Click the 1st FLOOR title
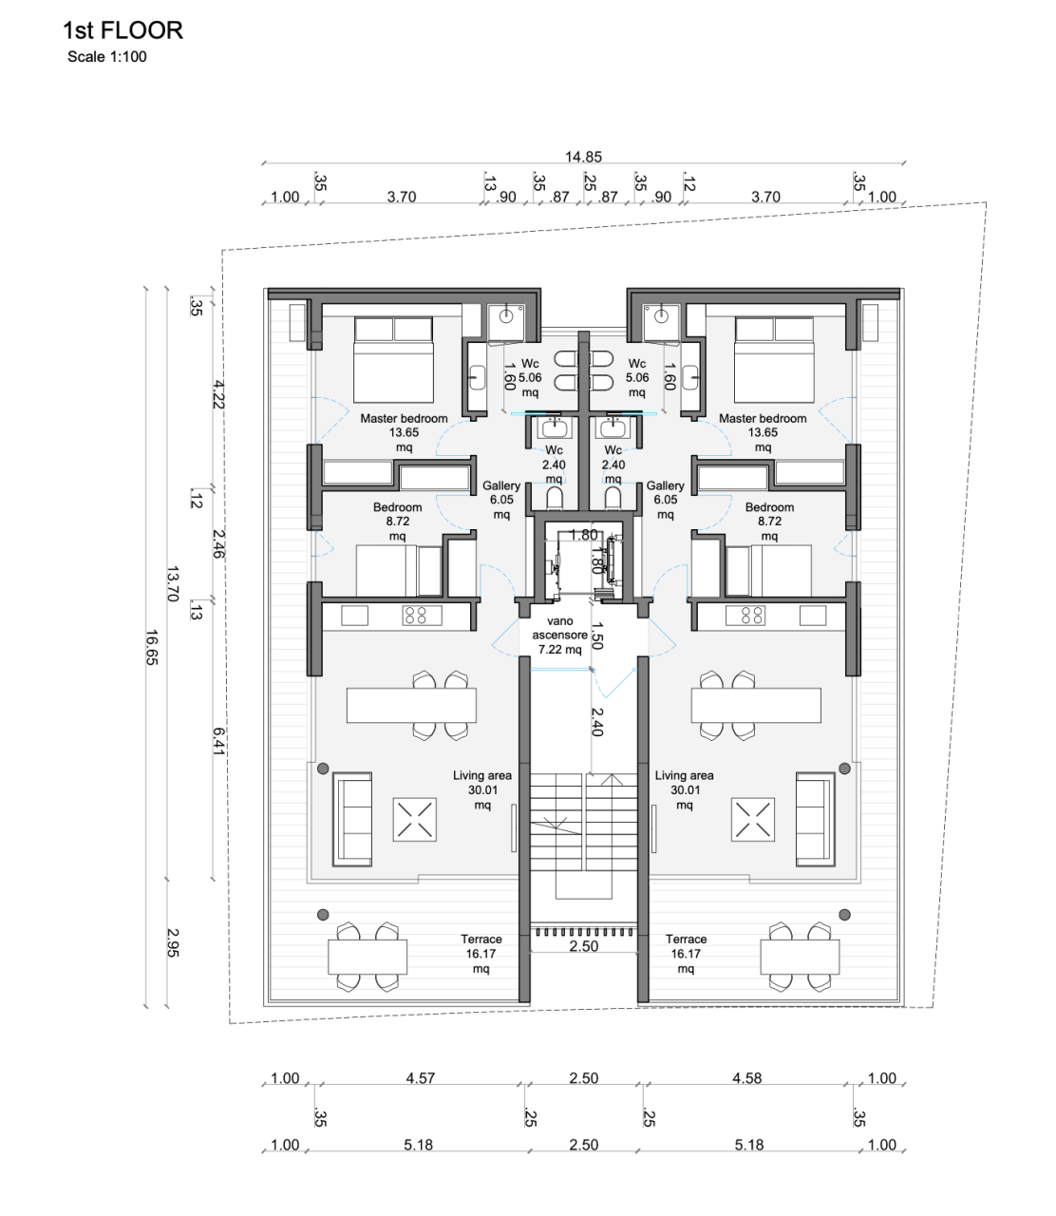(x=123, y=30)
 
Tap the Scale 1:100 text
(x=106, y=57)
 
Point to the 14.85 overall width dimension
(x=583, y=157)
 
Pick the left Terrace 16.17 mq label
(x=481, y=953)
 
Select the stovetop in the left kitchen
(x=416, y=616)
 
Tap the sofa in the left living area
(x=351, y=819)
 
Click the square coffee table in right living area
(x=752, y=819)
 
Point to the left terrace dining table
(x=368, y=957)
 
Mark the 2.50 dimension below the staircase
(x=583, y=947)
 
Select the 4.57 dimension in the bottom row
(x=420, y=1078)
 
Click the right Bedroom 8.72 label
(x=769, y=522)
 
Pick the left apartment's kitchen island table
(x=411, y=706)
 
